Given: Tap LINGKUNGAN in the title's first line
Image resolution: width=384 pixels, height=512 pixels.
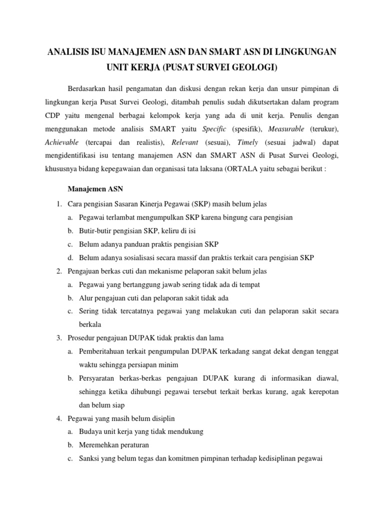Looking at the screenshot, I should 305,51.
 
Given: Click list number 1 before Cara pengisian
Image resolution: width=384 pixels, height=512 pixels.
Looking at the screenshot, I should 58,204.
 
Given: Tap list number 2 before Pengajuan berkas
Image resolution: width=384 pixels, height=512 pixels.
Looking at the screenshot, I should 58,271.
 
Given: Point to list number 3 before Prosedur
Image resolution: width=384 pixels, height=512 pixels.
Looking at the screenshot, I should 58,337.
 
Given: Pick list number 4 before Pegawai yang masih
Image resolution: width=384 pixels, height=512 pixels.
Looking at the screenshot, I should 58,417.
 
